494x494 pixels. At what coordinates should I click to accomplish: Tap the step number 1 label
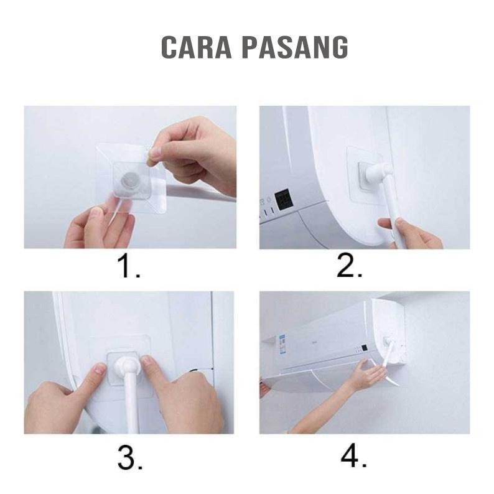pos(129,268)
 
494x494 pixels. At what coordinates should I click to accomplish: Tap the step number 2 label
pos(350,268)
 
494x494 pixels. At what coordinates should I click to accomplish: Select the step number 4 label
pos(353,459)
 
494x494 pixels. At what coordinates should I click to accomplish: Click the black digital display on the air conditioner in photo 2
pos(286,200)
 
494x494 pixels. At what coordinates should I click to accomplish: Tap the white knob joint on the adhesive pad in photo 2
pos(376,172)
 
